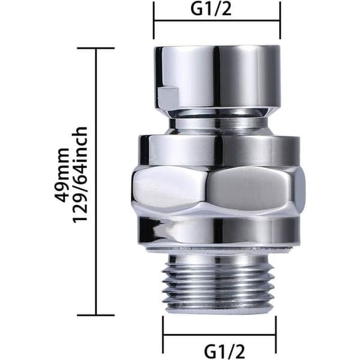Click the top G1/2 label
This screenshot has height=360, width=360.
(x=211, y=9)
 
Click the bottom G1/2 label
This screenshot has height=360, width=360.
(x=224, y=350)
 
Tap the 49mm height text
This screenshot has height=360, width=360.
(x=62, y=175)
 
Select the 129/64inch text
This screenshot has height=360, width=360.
(x=80, y=175)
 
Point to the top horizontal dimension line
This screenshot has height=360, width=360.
(x=217, y=21)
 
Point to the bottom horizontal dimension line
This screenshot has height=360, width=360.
(x=220, y=335)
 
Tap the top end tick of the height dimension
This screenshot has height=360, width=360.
(x=96, y=48)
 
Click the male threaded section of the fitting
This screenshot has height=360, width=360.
(x=218, y=284)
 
